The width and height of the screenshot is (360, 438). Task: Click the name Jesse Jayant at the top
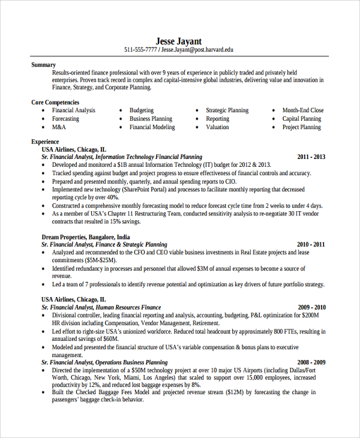pos(178,41)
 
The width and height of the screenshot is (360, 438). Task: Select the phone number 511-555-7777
pos(140,50)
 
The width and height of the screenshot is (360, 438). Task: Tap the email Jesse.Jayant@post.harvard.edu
pos(197,50)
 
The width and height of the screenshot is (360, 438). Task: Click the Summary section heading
pos(43,65)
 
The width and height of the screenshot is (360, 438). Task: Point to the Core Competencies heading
pos(55,103)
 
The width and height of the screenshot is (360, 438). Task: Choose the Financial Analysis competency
pos(73,110)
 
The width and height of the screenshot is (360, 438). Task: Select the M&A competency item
pos(59,127)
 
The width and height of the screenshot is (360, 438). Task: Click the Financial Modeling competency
pos(152,127)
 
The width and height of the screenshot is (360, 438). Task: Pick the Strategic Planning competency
pos(227,110)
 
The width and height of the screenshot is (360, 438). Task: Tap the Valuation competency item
pos(217,127)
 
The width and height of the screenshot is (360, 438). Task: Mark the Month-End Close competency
pos(303,110)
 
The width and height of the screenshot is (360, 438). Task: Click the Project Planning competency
pos(302,127)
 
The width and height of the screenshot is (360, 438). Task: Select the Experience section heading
pos(45,142)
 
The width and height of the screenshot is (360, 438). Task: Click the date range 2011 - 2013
pos(311,157)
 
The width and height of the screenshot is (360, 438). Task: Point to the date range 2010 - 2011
pos(311,245)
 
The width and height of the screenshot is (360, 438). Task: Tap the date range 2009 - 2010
pos(311,307)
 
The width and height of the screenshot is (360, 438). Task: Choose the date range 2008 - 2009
pos(311,362)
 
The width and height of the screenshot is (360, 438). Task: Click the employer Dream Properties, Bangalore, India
pos(85,237)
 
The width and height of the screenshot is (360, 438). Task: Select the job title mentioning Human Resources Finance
pos(101,307)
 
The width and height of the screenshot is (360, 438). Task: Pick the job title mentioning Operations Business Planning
pos(104,362)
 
